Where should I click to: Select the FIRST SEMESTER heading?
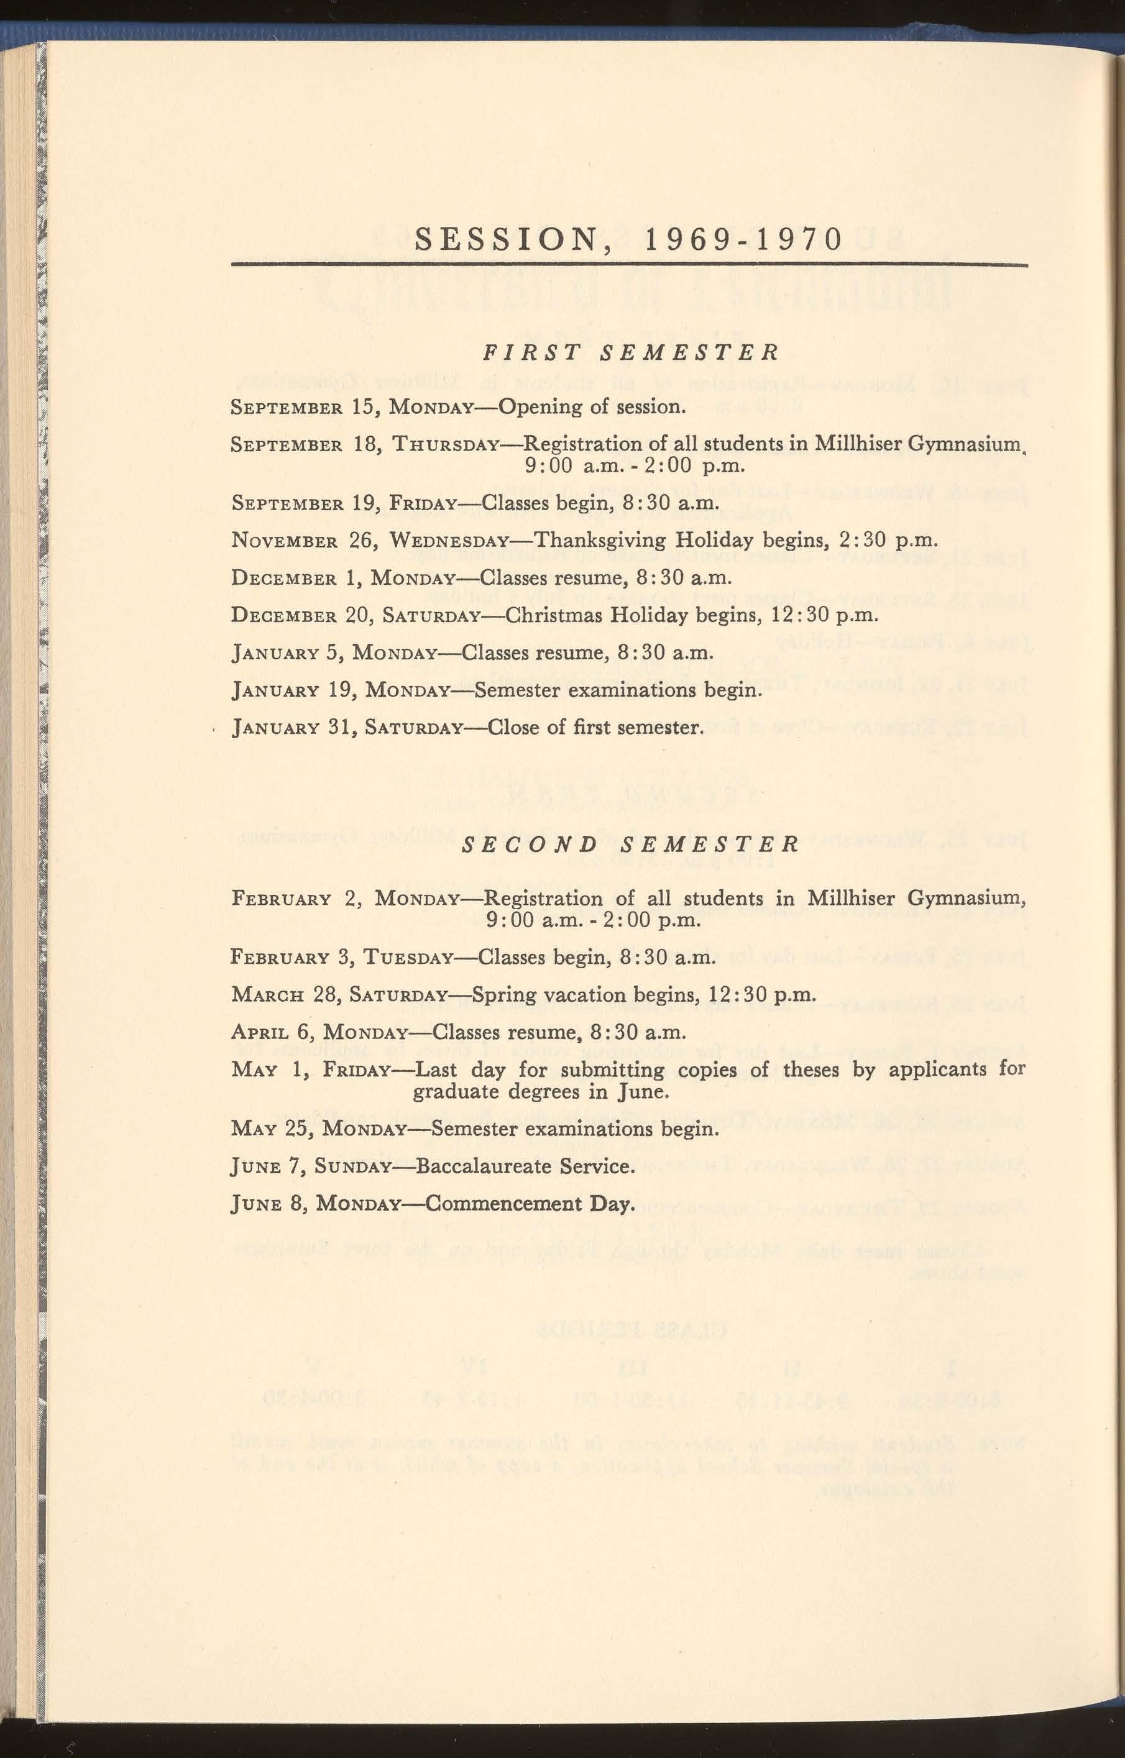click(630, 353)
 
